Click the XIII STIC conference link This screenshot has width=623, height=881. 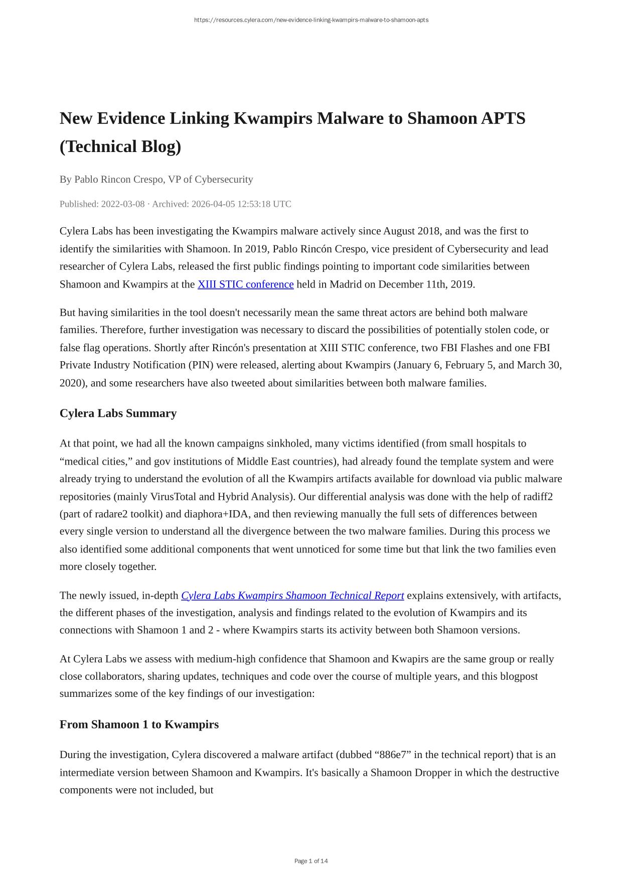click(245, 284)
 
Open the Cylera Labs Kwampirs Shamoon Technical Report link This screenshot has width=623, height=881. click(292, 596)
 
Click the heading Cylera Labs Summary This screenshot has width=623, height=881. click(118, 413)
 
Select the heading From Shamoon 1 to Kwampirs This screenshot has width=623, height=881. click(139, 724)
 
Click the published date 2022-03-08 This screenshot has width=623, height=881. click(123, 204)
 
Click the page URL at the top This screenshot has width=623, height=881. click(311, 20)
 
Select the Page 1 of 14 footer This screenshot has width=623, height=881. click(311, 861)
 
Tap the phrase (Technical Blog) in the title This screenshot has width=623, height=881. click(120, 146)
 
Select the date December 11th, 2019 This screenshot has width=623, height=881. click(426, 284)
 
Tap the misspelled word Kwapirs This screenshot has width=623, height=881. click(408, 659)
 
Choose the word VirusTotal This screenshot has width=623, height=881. click(173, 497)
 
